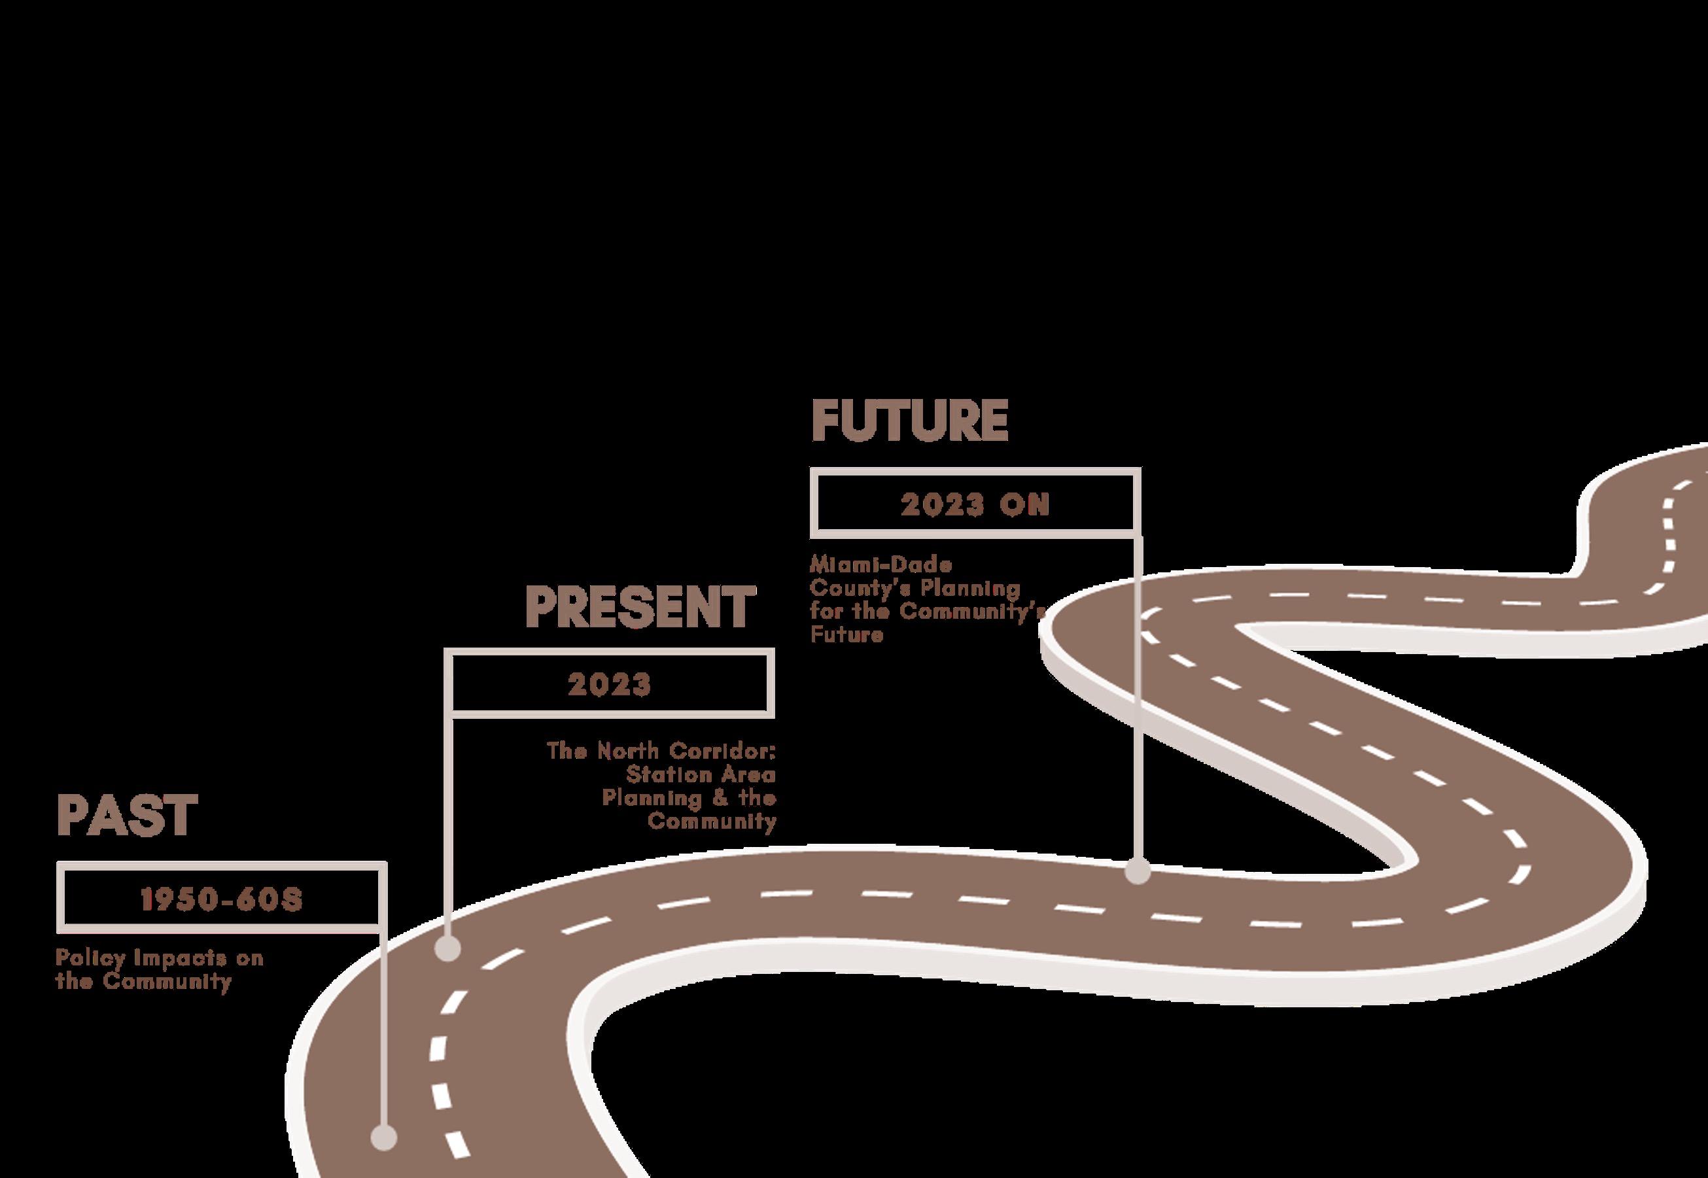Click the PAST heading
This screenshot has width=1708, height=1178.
(x=127, y=816)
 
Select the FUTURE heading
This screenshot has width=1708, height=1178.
(x=909, y=421)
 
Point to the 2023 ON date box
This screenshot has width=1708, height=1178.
(x=974, y=505)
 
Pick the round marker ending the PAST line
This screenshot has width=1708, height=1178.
(x=383, y=1137)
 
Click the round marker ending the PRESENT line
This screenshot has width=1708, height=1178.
(x=447, y=949)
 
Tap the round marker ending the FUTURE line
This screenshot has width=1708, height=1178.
(x=1138, y=871)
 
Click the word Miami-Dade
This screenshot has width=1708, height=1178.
(x=881, y=564)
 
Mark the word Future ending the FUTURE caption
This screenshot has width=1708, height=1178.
(x=846, y=634)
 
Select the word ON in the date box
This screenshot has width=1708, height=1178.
(x=1024, y=505)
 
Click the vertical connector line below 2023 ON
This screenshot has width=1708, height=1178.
(x=1138, y=701)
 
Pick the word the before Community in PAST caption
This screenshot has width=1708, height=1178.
(x=74, y=982)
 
